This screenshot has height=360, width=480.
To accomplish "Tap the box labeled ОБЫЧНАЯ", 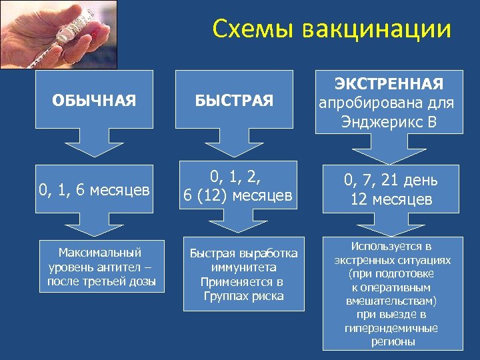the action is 94,101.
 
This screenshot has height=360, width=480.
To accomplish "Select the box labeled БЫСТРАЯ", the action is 234,101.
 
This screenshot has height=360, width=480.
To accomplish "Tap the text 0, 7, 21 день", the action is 390,180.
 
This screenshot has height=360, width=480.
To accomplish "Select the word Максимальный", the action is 100,253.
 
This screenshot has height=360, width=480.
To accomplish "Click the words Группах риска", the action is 243,296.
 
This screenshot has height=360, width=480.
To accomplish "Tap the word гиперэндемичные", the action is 391,328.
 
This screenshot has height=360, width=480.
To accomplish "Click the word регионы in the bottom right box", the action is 391,341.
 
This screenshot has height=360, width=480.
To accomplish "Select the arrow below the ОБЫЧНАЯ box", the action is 94,148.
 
